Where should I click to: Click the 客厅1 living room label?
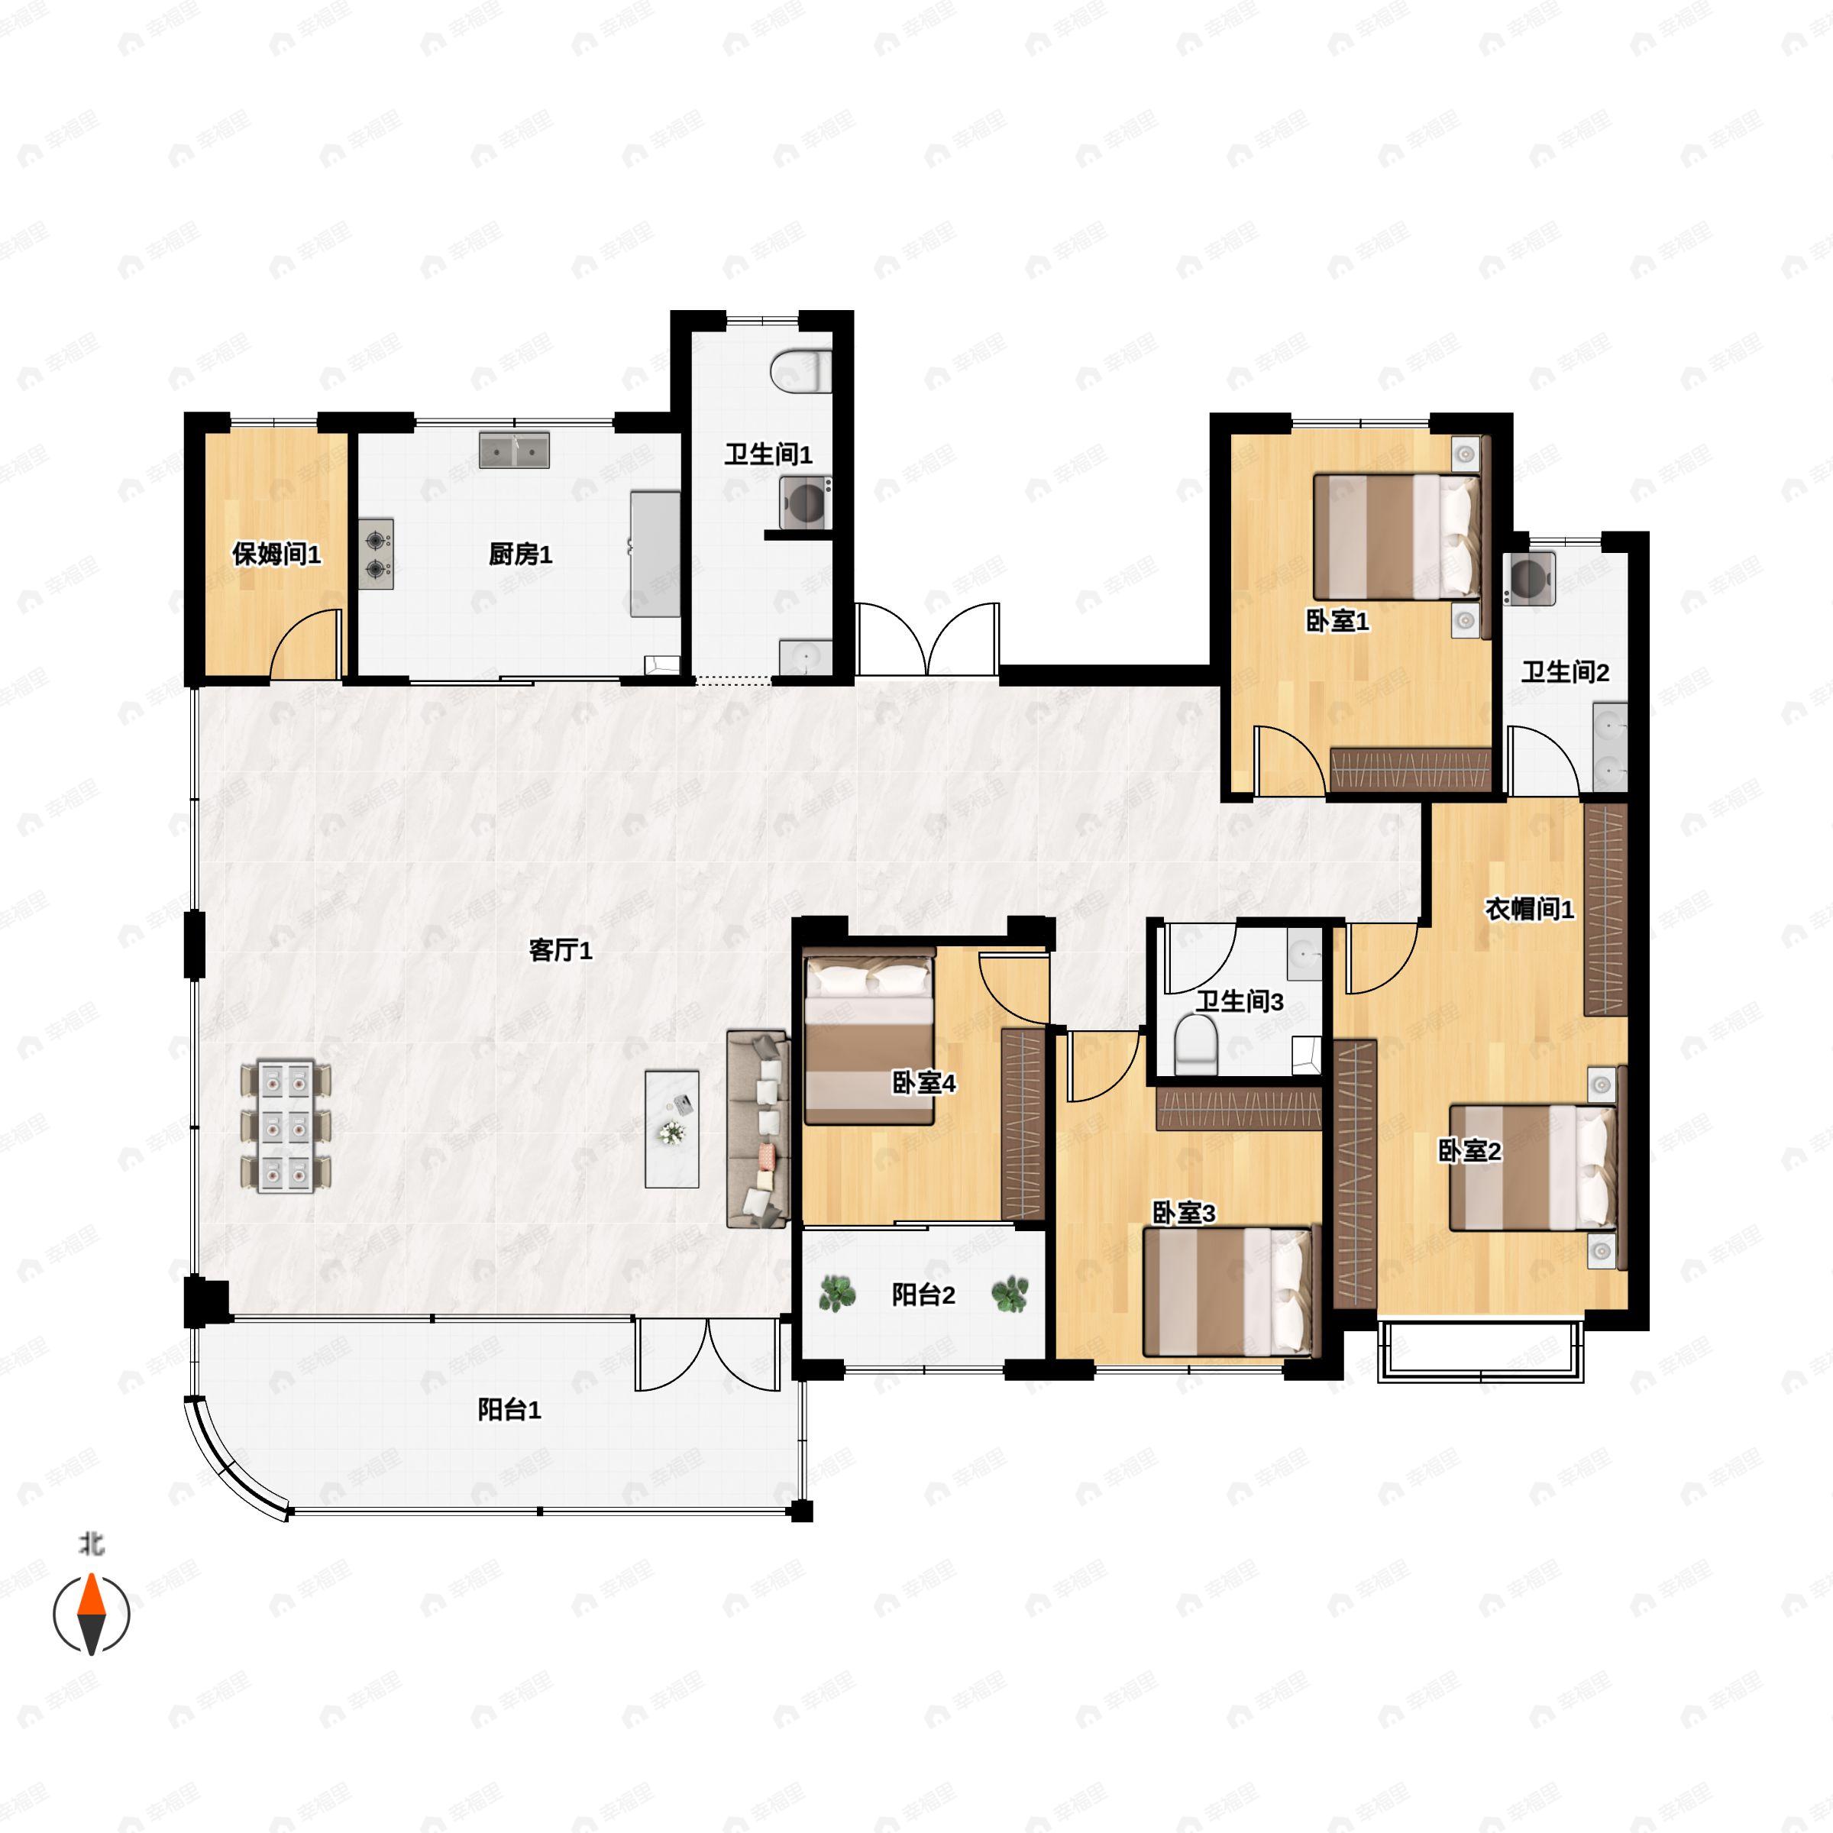(x=560, y=949)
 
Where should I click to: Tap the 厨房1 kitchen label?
(x=520, y=554)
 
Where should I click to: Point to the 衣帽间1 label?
(x=1529, y=909)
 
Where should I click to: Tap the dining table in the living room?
(x=286, y=1127)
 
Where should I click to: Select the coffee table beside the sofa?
(x=672, y=1129)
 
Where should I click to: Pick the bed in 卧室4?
(x=869, y=1041)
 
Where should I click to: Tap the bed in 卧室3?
(x=1230, y=1292)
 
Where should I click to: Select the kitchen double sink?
(x=514, y=451)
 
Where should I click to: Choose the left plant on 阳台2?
(x=836, y=1294)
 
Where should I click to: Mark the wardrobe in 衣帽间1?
(x=1605, y=909)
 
